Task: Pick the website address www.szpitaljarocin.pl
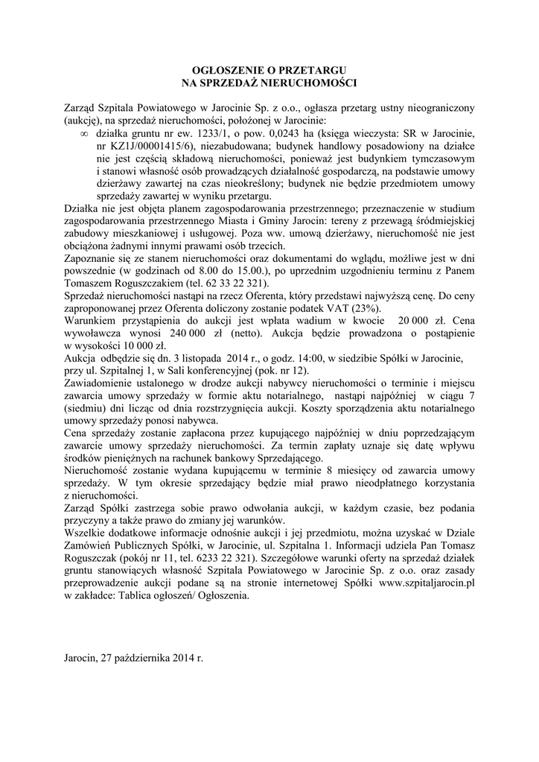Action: (426, 583)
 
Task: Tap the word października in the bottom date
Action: (144, 659)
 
